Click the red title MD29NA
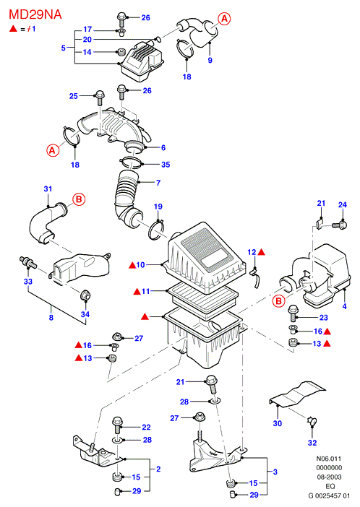[35, 14]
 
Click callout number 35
[166, 165]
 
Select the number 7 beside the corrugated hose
[158, 183]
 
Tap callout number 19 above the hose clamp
[158, 207]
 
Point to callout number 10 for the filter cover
[140, 265]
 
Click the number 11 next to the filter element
[146, 291]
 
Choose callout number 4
[345, 306]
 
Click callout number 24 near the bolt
[343, 204]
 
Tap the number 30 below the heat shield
[278, 423]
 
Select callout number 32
[312, 443]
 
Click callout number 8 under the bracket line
[51, 318]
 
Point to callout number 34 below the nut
[85, 314]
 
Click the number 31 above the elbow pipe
[48, 188]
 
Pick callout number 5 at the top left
[64, 48]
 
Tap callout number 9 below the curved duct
[210, 60]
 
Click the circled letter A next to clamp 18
[53, 150]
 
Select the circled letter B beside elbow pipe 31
[79, 199]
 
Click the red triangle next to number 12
[262, 251]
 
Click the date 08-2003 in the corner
[329, 477]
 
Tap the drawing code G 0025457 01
[329, 495]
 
